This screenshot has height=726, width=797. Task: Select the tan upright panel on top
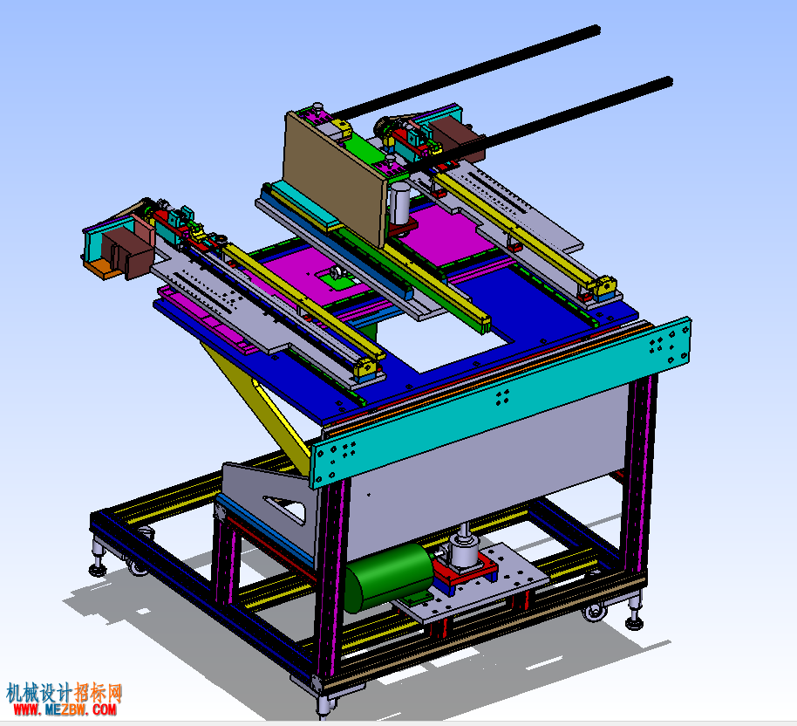tap(333, 179)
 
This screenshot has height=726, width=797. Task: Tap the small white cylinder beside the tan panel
tap(399, 203)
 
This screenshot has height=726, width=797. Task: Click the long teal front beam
tap(501, 402)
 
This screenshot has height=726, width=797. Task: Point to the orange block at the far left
tap(102, 268)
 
